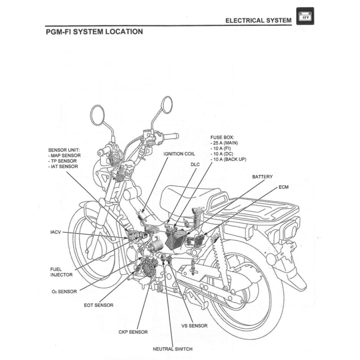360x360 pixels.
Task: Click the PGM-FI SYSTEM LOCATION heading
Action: (94, 31)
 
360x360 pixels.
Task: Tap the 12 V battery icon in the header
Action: (305, 17)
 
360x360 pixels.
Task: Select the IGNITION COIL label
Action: (179, 154)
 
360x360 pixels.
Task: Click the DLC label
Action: (195, 164)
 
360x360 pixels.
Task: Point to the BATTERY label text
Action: (262, 177)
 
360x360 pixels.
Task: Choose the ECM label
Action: (284, 187)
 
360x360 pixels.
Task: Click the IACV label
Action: (56, 232)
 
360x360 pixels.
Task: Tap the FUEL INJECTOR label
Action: (61, 272)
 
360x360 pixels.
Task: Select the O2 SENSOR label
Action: (64, 291)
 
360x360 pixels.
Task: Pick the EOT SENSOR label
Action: (99, 305)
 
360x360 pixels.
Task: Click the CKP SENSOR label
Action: (133, 332)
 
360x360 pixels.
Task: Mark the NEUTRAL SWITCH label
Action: (172, 349)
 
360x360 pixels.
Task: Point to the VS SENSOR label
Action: (194, 326)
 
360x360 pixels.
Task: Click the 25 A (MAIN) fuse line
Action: (224, 143)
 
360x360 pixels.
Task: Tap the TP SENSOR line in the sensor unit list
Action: (62, 161)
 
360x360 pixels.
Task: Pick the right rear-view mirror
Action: (167, 104)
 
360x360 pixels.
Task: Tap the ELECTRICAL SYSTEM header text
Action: (258, 20)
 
